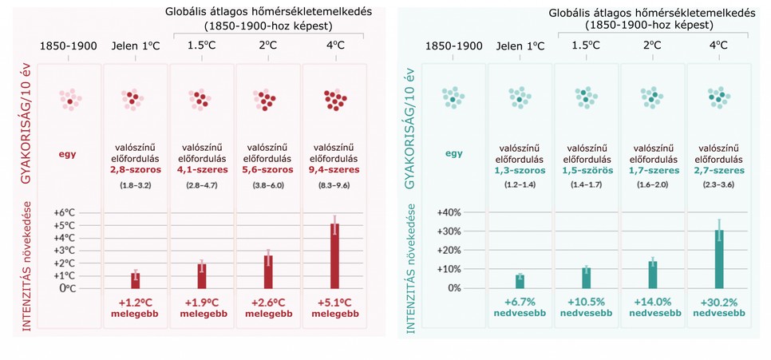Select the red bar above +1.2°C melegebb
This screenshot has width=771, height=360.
136,280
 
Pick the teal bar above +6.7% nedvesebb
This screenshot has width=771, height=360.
520,281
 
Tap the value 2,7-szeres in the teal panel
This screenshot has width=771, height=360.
719,170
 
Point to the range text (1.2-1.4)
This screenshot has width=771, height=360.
520,185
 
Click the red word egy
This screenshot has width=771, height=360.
67,153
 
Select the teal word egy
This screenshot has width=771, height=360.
453,153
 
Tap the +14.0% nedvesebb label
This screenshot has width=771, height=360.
653,308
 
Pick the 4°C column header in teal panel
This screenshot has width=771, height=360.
719,45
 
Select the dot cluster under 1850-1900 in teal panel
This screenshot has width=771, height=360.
453,98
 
